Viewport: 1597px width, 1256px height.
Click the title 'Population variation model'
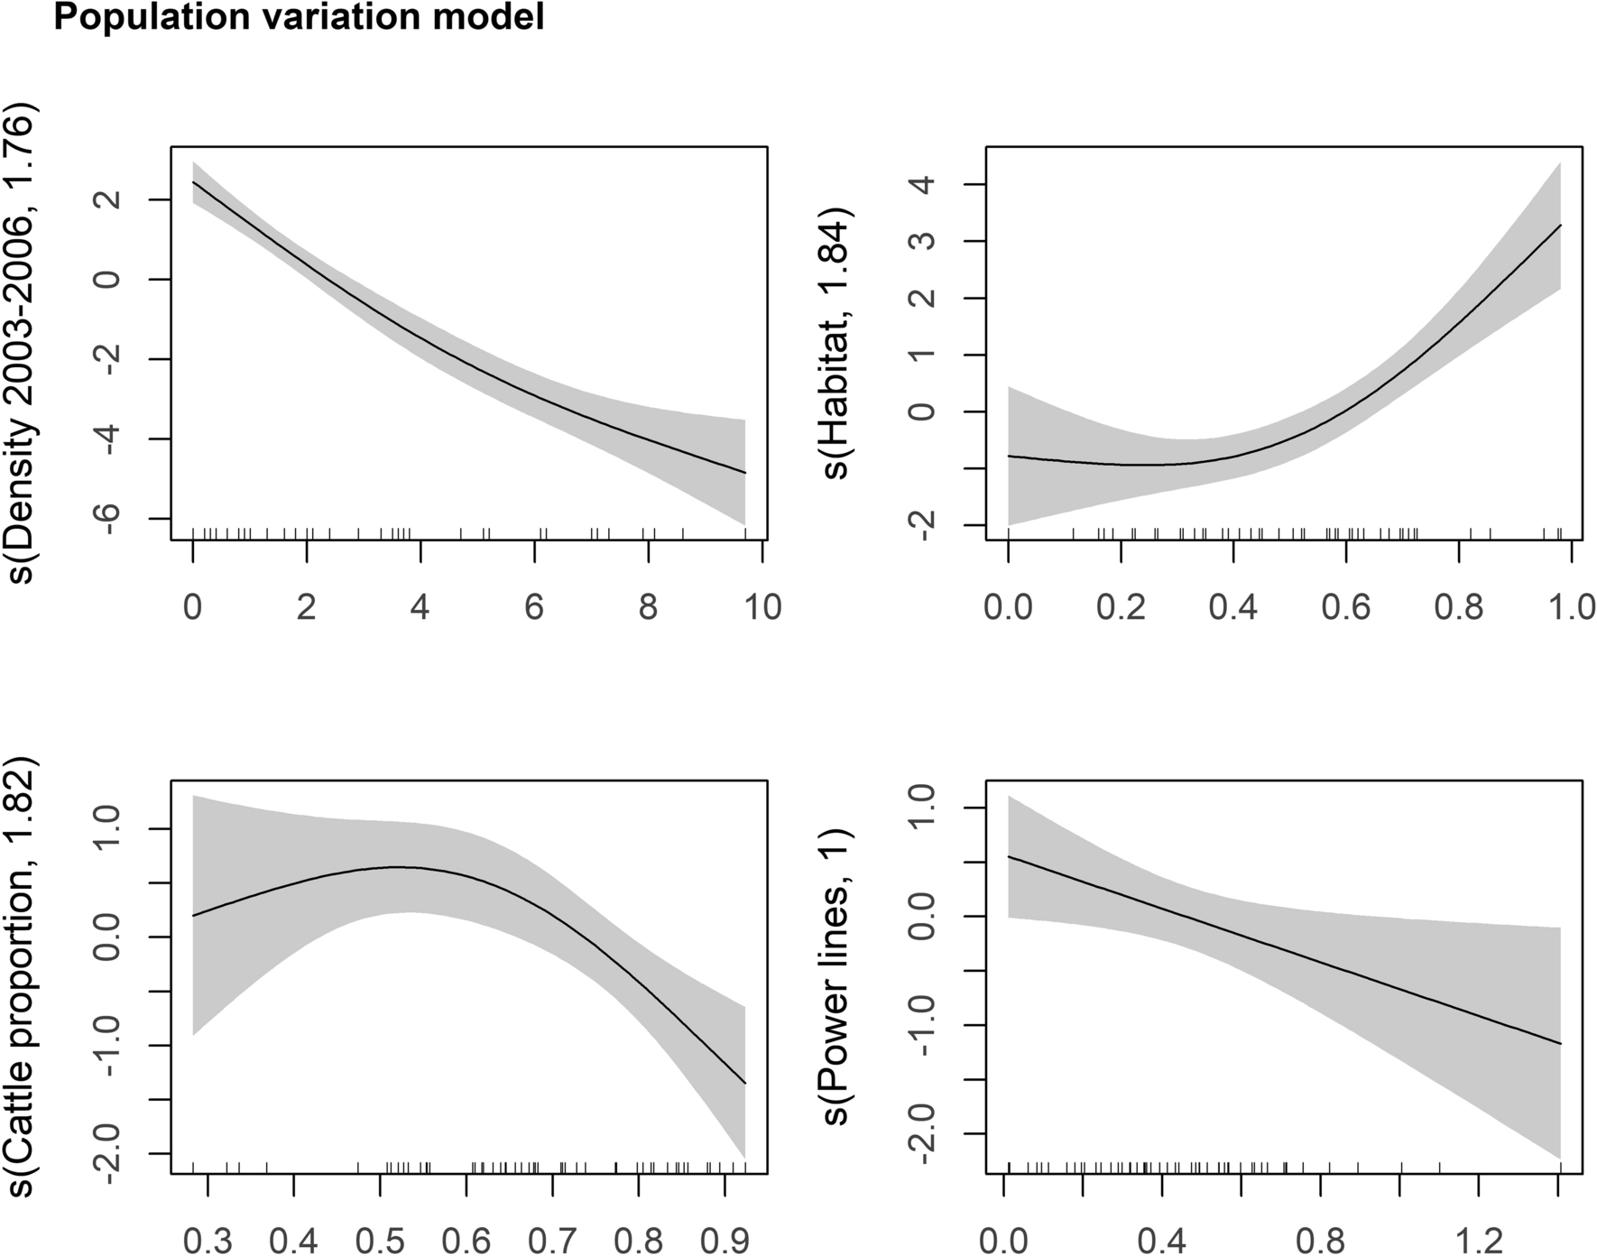(x=299, y=17)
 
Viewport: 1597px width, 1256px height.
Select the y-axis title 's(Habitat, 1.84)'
(x=838, y=346)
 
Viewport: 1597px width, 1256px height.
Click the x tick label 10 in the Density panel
(x=762, y=608)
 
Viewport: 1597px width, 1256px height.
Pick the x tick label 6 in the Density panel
(x=534, y=608)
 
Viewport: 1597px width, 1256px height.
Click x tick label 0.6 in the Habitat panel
(x=1346, y=608)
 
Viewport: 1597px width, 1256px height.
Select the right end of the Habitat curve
(x=1560, y=225)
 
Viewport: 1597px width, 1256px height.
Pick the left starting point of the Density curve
(x=194, y=182)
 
